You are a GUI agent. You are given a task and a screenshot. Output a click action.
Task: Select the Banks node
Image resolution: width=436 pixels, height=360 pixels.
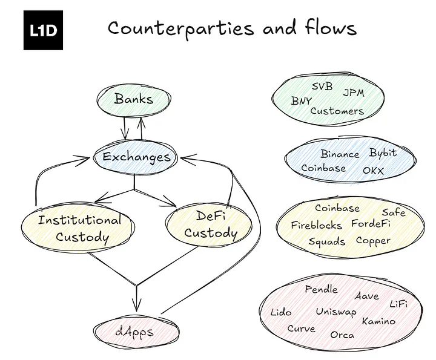coord(134,99)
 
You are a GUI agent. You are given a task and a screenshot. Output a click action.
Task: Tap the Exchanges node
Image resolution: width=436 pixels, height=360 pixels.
coord(136,157)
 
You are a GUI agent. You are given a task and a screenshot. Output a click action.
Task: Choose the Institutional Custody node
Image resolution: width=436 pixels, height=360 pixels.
coord(79,227)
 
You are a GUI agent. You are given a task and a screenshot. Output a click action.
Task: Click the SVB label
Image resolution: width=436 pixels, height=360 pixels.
coord(322,87)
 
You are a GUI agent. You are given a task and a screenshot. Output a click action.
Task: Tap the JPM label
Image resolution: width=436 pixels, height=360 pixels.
coord(354,93)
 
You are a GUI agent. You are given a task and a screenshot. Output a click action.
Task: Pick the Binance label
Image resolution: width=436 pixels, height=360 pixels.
coord(340,154)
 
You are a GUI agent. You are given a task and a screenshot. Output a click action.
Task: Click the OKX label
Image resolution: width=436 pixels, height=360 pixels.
coord(373,171)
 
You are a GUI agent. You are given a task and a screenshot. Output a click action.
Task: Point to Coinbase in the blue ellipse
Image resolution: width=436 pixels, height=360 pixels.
coord(323,168)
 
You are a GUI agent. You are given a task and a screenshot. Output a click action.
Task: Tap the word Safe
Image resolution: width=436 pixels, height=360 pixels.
coord(394,212)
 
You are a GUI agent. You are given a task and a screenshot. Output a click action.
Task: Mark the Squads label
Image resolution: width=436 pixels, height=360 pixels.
coord(326,241)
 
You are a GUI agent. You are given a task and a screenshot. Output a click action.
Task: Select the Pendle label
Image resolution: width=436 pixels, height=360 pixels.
coord(321,289)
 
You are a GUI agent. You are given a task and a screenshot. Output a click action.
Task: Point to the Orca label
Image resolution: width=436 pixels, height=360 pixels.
coord(342,335)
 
